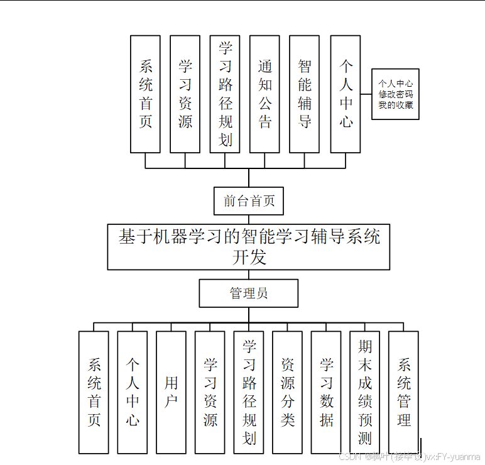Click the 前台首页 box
coord(249,201)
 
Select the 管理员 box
coord(249,293)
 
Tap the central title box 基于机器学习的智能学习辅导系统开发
coord(249,247)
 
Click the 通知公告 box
coord(264,94)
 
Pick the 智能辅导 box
coord(305,94)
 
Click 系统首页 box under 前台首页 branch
coord(145,94)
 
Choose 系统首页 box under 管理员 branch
coord(94,392)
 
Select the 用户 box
coord(171,392)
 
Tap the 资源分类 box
coord(287,392)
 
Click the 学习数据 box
coord(326,392)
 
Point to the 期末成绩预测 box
coord(365,392)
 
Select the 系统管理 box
coord(403,392)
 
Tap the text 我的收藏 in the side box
coord(395,105)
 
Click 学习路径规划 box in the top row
coord(225,94)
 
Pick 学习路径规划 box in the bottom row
coord(249,392)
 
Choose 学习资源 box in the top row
coord(185,94)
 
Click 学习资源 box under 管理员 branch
coord(210,392)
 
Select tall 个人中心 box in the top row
coord(346,94)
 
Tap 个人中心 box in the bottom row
coord(133,392)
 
